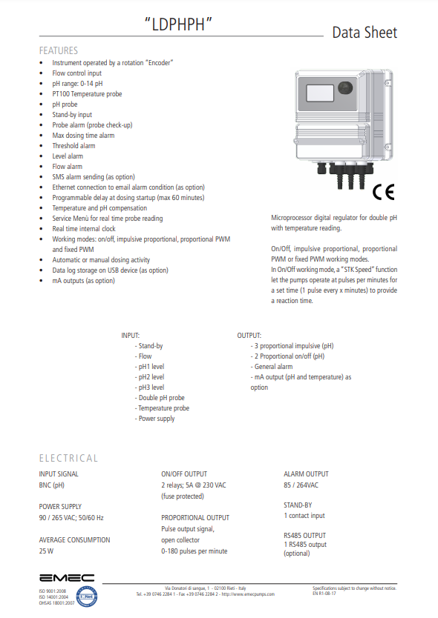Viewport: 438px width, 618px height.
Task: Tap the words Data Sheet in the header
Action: point(364,33)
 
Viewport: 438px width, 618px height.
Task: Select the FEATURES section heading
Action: point(58,51)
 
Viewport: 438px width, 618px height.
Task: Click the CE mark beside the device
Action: point(384,192)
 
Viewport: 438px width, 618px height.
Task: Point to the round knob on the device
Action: point(345,90)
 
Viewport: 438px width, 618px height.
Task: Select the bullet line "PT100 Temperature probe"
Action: point(87,94)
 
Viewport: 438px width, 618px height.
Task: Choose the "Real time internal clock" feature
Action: point(84,229)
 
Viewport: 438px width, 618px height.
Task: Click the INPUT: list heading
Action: point(131,336)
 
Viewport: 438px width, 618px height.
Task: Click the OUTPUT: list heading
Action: point(249,336)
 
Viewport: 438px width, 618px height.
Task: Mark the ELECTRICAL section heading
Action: point(68,458)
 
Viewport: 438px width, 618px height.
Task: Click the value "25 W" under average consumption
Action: point(47,551)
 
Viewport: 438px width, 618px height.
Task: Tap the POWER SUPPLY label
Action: point(60,507)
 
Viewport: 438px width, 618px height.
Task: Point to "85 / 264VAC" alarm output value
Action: point(301,485)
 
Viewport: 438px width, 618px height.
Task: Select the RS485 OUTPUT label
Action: point(304,534)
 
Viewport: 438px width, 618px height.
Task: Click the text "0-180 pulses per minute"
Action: point(194,551)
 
